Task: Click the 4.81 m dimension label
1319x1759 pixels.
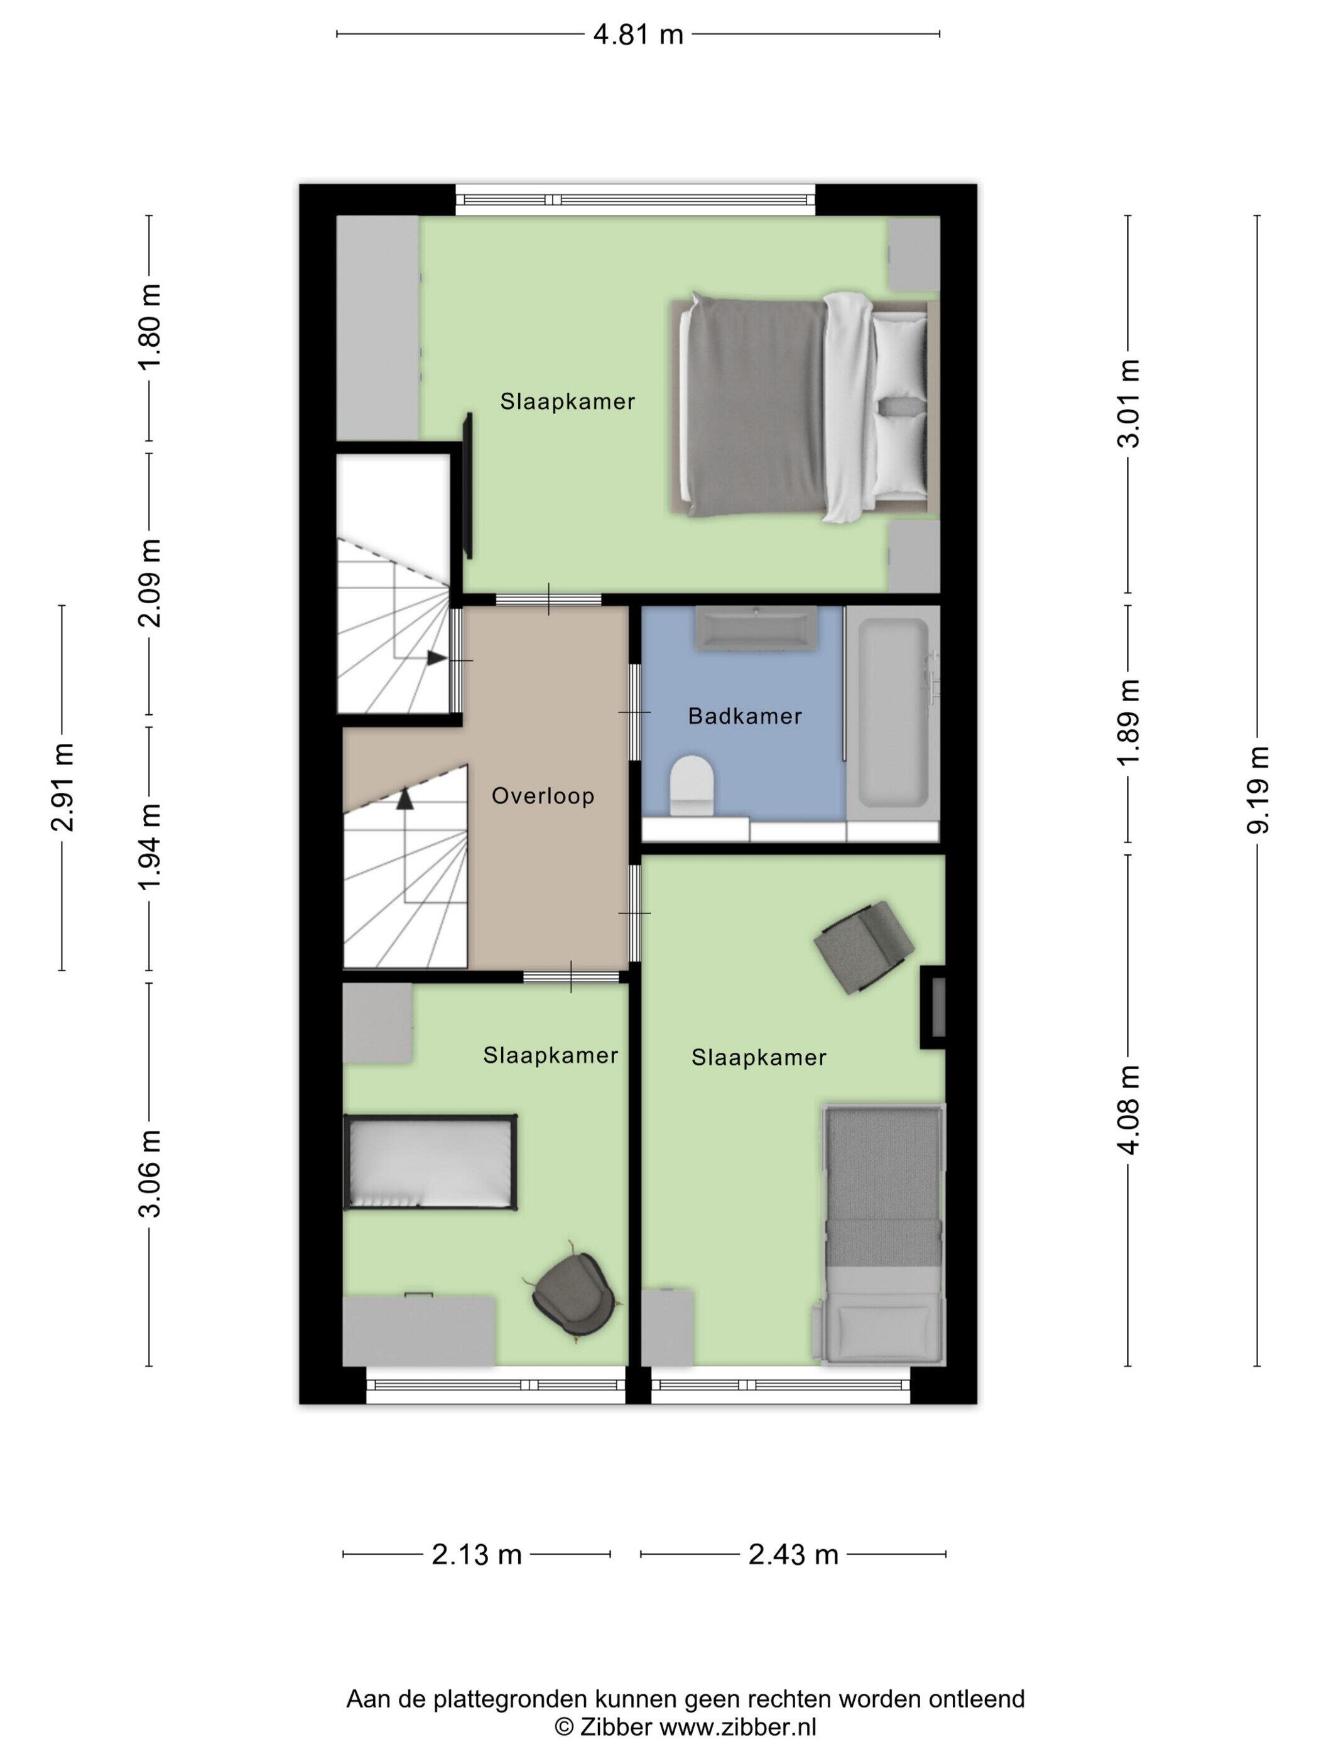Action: coord(638,35)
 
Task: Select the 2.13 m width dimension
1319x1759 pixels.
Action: coord(476,1555)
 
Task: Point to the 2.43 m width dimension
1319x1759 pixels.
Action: coord(793,1555)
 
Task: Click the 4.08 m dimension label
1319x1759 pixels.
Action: coord(1128,1109)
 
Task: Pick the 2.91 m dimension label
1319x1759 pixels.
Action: coord(62,787)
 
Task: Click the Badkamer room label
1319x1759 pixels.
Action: coord(744,717)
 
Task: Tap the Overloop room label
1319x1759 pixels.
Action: coord(543,796)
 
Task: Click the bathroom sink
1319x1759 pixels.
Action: coord(756,629)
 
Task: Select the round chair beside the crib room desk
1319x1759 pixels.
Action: coord(572,1295)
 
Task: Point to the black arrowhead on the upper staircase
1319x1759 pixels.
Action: coord(437,658)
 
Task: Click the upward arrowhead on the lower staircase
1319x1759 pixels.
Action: coord(406,799)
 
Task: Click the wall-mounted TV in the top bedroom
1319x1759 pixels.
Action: coord(469,485)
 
